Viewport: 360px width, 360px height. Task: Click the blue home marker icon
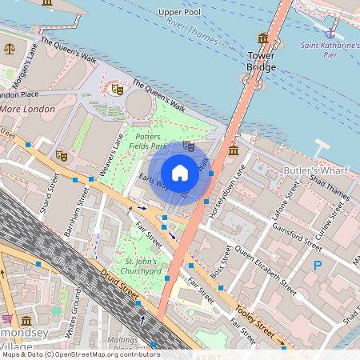click(180, 173)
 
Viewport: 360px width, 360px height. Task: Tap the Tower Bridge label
click(262, 61)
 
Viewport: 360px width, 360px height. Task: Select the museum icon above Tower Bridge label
click(262, 38)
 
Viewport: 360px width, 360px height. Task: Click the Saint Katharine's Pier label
click(330, 50)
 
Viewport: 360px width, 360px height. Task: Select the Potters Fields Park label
click(146, 142)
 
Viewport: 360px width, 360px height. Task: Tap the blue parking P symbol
click(318, 265)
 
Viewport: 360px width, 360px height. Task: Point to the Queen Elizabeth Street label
click(260, 267)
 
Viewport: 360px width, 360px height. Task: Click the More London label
click(27, 109)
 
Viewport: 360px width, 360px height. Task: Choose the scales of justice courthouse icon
click(10, 48)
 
